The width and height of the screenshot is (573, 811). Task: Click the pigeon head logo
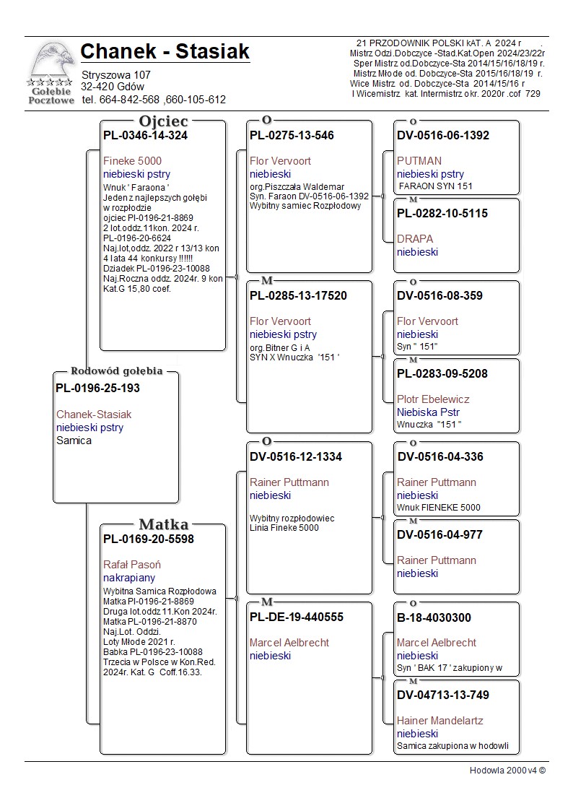pyautogui.click(x=51, y=61)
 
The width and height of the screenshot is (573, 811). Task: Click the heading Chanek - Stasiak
pyautogui.click(x=165, y=52)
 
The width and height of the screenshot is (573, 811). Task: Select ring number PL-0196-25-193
pyautogui.click(x=97, y=388)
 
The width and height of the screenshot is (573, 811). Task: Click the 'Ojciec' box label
pyautogui.click(x=163, y=121)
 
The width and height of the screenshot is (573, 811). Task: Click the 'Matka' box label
pyautogui.click(x=163, y=524)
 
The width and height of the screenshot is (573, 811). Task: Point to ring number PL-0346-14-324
pyautogui.click(x=145, y=135)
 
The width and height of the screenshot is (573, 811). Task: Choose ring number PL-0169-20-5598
pyautogui.click(x=148, y=538)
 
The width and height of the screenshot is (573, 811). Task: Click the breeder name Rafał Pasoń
pyautogui.click(x=132, y=565)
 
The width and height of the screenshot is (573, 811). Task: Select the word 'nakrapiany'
pyautogui.click(x=129, y=578)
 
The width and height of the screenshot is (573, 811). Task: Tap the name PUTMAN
pyautogui.click(x=419, y=161)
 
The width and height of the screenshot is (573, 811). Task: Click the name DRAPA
pyautogui.click(x=415, y=239)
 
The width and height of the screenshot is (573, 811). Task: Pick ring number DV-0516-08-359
pyautogui.click(x=439, y=295)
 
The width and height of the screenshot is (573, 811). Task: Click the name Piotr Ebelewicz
pyautogui.click(x=433, y=399)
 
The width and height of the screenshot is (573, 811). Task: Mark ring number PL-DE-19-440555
pyautogui.click(x=297, y=617)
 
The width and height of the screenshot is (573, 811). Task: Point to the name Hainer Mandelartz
pyautogui.click(x=439, y=721)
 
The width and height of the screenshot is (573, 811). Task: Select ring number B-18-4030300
pyautogui.click(x=434, y=617)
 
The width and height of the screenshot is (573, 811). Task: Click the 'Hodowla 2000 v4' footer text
pyautogui.click(x=507, y=771)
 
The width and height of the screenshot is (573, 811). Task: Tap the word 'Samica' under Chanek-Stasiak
pyautogui.click(x=74, y=441)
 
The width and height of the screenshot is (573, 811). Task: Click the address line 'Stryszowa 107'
pyautogui.click(x=115, y=75)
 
